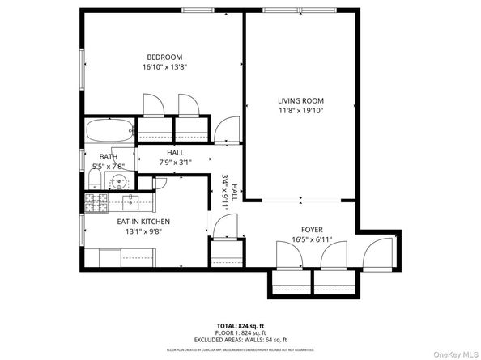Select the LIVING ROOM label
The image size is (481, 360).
click(x=300, y=100)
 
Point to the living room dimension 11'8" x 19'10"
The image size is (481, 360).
click(x=300, y=111)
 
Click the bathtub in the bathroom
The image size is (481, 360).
click(x=110, y=130)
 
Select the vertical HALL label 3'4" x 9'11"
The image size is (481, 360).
click(x=231, y=193)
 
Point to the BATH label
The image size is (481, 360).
click(x=108, y=156)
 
